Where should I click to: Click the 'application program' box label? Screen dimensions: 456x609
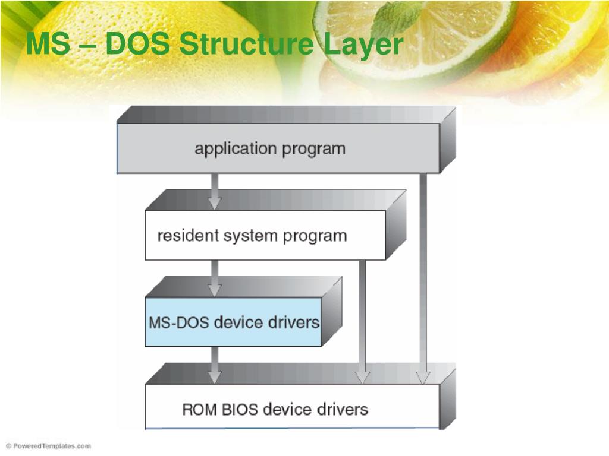click(x=269, y=148)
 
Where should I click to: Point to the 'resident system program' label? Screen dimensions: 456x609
click(x=252, y=236)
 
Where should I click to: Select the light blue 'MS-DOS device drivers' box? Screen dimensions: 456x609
click(x=234, y=322)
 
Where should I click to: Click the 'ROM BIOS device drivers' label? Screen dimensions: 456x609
click(x=275, y=409)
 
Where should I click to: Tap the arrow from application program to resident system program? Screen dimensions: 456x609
click(x=215, y=191)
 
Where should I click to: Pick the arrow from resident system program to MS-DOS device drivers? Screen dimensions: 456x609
click(x=215, y=278)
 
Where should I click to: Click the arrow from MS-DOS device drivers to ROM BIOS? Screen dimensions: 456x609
click(x=215, y=365)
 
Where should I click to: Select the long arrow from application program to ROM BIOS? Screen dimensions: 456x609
click(x=423, y=279)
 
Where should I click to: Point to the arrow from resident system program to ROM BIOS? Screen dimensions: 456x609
click(x=362, y=321)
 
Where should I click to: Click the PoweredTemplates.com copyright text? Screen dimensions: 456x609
click(x=49, y=446)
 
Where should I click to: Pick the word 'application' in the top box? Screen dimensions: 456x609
click(x=228, y=148)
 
